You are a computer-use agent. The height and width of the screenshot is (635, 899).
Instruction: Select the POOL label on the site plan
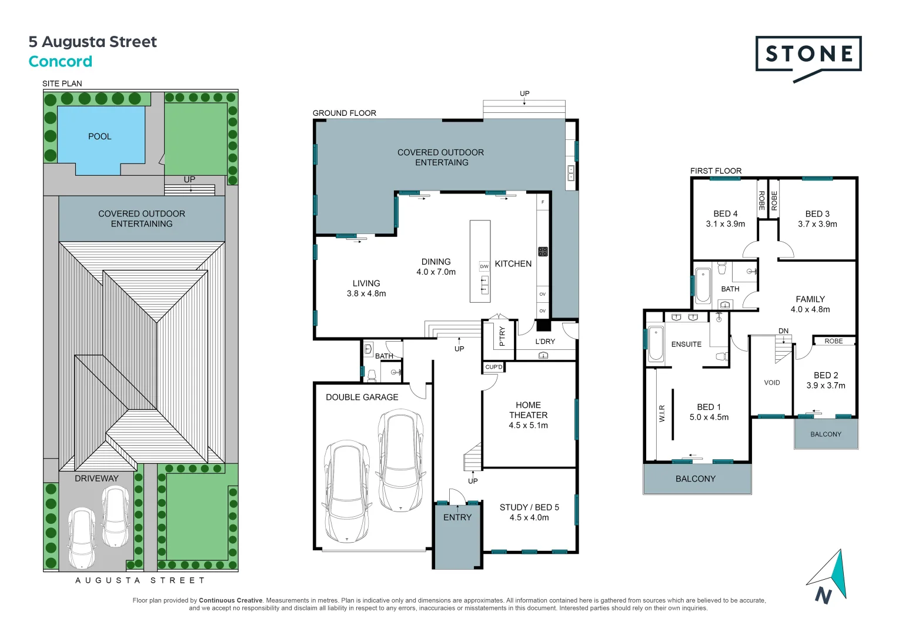click(99, 136)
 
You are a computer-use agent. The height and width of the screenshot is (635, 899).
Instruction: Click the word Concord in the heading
click(60, 62)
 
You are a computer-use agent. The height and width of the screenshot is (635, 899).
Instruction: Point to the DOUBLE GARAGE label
click(362, 397)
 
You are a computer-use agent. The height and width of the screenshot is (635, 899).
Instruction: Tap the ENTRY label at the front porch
click(457, 517)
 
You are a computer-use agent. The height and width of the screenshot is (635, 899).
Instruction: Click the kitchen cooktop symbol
click(543, 252)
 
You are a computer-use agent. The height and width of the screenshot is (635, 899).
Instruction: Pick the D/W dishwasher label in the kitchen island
click(484, 266)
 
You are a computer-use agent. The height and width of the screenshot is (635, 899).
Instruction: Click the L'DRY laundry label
click(545, 342)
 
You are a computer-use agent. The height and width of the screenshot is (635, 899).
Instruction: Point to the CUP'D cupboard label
click(494, 367)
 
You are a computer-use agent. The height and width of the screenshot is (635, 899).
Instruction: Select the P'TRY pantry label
click(502, 337)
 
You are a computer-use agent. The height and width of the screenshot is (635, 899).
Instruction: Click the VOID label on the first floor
click(771, 383)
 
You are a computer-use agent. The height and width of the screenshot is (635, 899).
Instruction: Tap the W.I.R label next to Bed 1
click(662, 413)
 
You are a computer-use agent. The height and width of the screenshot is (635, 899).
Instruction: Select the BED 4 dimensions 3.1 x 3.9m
click(725, 224)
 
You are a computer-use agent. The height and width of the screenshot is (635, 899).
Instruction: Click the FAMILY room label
click(810, 299)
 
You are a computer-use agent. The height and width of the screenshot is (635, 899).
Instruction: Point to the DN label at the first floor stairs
click(783, 331)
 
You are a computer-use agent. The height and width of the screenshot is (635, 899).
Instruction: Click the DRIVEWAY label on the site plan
click(96, 479)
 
